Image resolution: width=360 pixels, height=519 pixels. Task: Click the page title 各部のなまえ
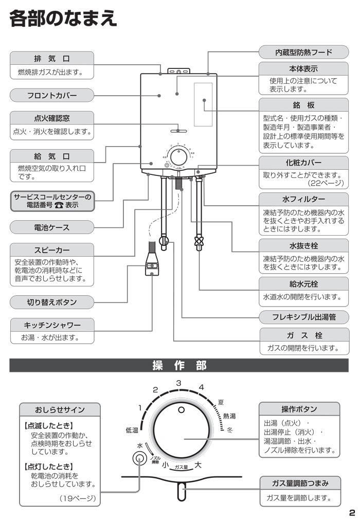pos(63,20)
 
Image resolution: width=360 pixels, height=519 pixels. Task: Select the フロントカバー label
pos(51,95)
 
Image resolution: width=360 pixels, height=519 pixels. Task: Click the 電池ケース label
pos(51,227)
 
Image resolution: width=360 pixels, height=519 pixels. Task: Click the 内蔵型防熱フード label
pos(303,52)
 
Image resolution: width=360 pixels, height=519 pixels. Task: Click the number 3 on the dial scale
pos(179,383)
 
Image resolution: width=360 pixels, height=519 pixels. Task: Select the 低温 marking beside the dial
pos(132,430)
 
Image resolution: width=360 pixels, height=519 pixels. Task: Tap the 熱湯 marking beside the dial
pos(229,416)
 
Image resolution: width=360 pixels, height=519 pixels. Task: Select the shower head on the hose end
pos(152,266)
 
